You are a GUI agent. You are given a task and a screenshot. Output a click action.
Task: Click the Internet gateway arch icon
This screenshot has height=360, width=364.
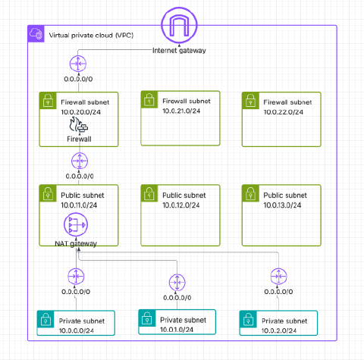tap(179, 25)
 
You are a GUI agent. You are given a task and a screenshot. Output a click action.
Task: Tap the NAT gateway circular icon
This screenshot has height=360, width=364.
tap(76, 224)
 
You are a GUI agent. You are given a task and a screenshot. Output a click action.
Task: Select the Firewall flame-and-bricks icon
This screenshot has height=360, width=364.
tap(79, 124)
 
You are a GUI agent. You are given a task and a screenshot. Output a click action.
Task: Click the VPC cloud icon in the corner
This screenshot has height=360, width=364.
tap(36, 33)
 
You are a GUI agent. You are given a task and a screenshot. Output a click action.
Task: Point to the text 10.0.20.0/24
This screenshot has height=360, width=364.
tap(81, 112)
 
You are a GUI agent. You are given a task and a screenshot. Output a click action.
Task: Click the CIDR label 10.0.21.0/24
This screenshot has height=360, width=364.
tap(181, 111)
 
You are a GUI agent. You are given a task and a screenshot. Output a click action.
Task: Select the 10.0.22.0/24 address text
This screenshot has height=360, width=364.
tap(284, 112)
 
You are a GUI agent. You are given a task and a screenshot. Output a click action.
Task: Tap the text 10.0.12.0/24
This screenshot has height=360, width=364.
tap(181, 205)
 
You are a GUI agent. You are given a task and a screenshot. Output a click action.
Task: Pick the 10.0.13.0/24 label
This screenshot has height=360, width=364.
tap(282, 205)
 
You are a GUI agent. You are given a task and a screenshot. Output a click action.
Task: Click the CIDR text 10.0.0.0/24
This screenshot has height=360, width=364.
tap(77, 330)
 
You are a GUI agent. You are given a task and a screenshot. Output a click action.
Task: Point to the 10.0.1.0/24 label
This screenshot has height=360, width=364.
tap(177, 330)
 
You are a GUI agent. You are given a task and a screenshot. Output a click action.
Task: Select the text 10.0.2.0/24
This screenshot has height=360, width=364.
tap(279, 330)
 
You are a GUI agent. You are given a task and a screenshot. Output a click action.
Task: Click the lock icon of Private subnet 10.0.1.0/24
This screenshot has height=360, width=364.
tap(147, 318)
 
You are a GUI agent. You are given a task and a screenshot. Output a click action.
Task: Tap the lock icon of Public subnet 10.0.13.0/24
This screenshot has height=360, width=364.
tap(250, 193)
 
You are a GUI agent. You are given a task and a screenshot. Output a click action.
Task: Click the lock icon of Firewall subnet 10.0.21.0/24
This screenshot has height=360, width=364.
tap(149, 99)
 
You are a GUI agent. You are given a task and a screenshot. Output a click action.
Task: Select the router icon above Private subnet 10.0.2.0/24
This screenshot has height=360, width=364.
tap(278, 277)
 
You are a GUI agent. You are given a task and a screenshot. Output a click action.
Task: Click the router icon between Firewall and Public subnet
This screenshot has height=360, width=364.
tap(80, 161)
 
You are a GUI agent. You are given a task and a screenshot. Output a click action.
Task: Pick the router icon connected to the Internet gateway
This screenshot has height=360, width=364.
tap(78, 64)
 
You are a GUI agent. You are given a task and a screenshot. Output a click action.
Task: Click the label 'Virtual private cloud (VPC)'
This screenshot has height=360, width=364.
tap(91, 35)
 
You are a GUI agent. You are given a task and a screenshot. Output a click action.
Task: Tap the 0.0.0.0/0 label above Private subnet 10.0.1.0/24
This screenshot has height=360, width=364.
tap(177, 298)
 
